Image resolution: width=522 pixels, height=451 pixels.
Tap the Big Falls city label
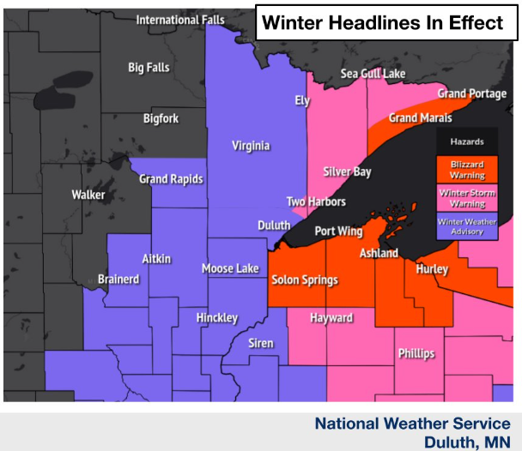pyautogui.click(x=149, y=68)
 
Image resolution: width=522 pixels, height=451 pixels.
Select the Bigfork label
pyautogui.click(x=161, y=118)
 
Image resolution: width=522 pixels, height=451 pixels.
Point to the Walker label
pyautogui.click(x=88, y=195)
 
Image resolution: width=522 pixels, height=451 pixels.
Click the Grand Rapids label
pyautogui.click(x=171, y=179)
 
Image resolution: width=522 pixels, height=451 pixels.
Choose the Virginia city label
pyautogui.click(x=251, y=146)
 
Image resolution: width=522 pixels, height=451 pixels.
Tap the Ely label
pyautogui.click(x=301, y=100)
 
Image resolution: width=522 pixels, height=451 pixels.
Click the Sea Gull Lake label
pyautogui.click(x=373, y=74)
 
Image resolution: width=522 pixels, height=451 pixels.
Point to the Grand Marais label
pyautogui.click(x=415, y=117)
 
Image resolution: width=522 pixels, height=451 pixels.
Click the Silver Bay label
pyautogui.click(x=347, y=171)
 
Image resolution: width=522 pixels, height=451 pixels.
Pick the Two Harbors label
pyautogui.click(x=316, y=201)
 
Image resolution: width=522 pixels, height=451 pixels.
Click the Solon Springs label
pyautogui.click(x=304, y=280)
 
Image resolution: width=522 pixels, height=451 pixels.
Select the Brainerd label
pyautogui.click(x=118, y=280)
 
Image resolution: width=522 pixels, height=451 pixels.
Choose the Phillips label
pyautogui.click(x=416, y=353)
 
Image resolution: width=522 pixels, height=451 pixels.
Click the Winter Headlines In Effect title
pyautogui.click(x=383, y=23)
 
